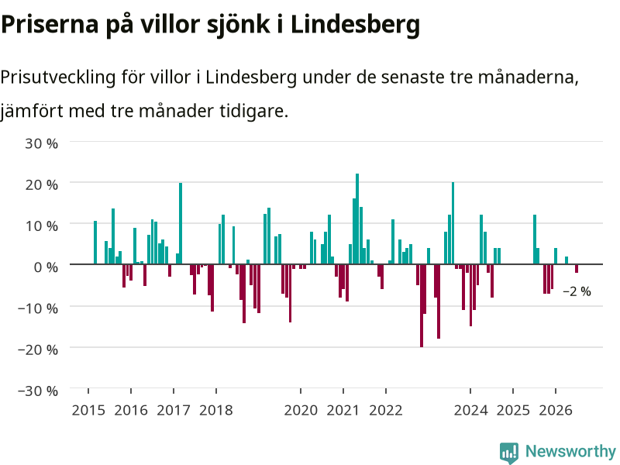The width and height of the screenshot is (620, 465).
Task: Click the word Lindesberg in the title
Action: tap(355, 25)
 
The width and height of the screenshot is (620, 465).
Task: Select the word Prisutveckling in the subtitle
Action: tap(58, 77)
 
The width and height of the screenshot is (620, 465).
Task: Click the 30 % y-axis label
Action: tap(42, 143)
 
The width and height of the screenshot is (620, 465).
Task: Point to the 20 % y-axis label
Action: tap(42, 184)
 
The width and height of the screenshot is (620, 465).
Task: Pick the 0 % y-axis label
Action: tap(46, 267)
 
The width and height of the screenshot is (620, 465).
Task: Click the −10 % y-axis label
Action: tap(38, 308)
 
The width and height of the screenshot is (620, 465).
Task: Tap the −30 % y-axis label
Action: tap(38, 391)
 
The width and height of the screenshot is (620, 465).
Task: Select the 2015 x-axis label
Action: tap(88, 410)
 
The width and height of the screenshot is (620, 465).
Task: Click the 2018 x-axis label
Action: tap(216, 410)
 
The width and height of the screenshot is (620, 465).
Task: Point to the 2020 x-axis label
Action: tap(301, 410)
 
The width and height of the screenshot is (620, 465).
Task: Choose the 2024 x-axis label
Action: tap(470, 410)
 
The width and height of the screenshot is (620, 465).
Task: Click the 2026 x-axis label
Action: tap(556, 410)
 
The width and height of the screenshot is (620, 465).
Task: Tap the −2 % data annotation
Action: tap(577, 291)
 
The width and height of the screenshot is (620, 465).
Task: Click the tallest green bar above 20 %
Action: tap(357, 219)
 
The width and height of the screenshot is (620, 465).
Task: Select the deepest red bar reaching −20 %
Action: tap(422, 305)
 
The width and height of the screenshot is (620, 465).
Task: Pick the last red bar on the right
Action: tap(577, 268)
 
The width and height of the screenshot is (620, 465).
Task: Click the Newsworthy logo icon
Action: tap(509, 453)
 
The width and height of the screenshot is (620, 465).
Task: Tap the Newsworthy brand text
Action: tap(570, 451)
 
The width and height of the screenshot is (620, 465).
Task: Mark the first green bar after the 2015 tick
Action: tap(95, 243)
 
